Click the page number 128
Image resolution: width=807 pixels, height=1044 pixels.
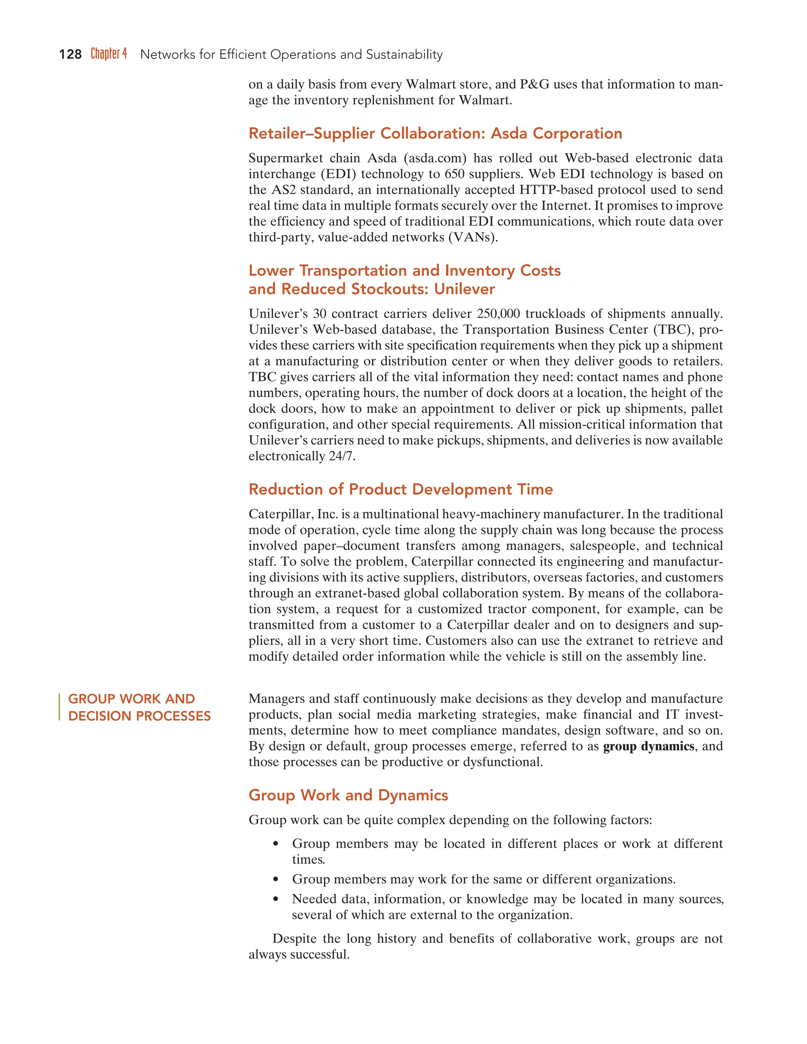70,54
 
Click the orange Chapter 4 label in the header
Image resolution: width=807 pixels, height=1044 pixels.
109,54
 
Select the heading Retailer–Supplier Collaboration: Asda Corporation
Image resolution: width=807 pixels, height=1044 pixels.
435,134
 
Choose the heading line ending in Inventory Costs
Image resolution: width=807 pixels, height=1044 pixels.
404,271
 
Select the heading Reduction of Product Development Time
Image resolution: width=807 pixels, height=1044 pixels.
400,489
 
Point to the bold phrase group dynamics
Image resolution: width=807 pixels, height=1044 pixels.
648,746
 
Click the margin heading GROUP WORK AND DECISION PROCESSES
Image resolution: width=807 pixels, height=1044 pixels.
139,708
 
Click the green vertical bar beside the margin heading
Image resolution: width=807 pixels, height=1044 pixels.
59,707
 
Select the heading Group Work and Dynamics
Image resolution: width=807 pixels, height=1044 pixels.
348,795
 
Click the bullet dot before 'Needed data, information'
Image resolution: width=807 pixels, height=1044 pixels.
275,899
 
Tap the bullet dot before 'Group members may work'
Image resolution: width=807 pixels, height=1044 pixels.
275,880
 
